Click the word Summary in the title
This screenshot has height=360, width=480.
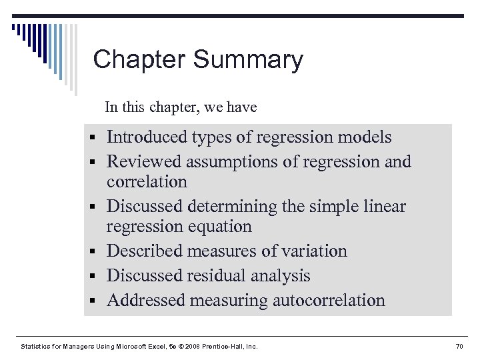[248, 60]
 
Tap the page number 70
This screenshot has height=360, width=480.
[459, 346]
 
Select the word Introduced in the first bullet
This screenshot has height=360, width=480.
[146, 137]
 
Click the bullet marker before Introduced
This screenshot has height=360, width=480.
[97, 138]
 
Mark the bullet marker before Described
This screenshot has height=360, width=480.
[97, 252]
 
